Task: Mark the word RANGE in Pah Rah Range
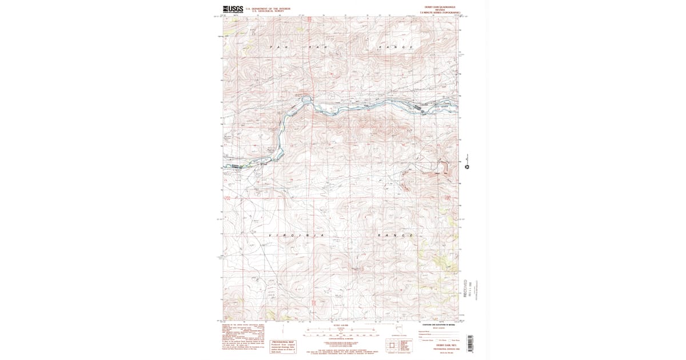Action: pyautogui.click(x=395, y=46)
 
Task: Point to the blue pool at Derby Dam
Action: pyautogui.click(x=307, y=100)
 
